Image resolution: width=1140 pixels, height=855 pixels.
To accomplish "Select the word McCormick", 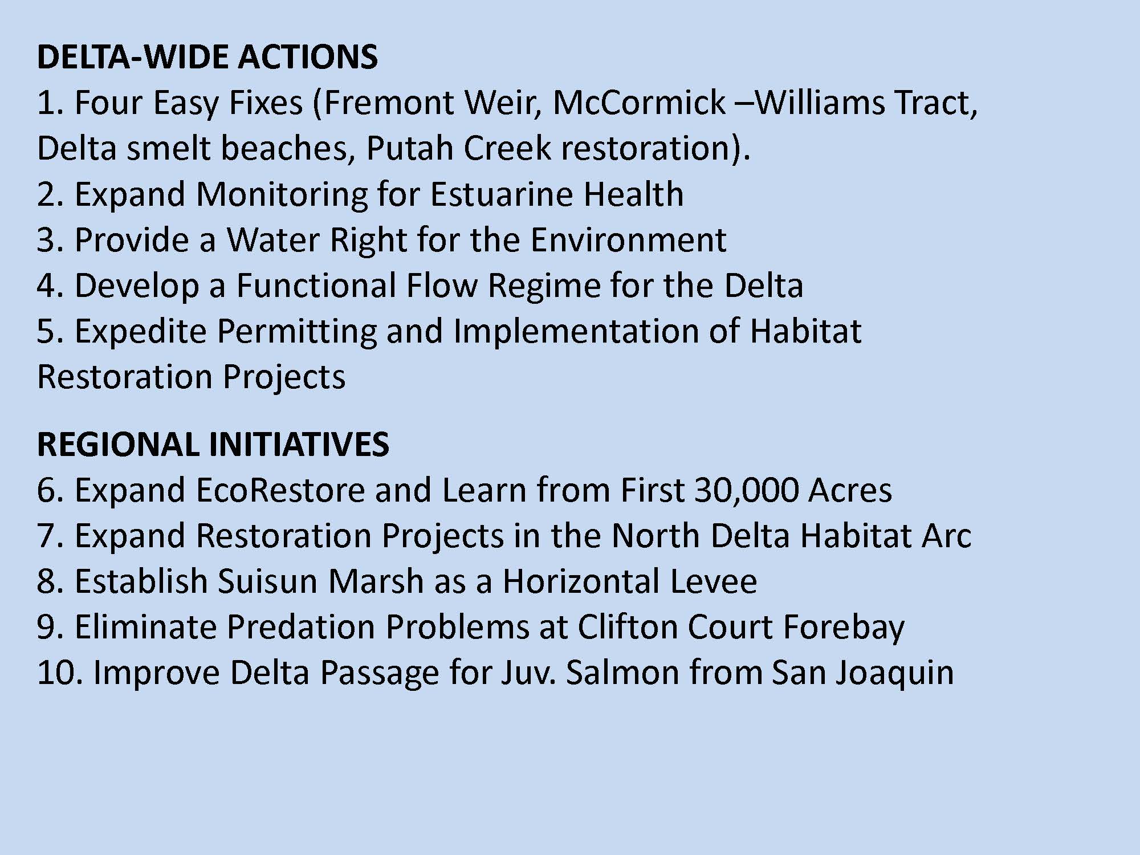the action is click(x=639, y=103).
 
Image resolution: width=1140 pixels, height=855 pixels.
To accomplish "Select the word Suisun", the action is click(x=268, y=581).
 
